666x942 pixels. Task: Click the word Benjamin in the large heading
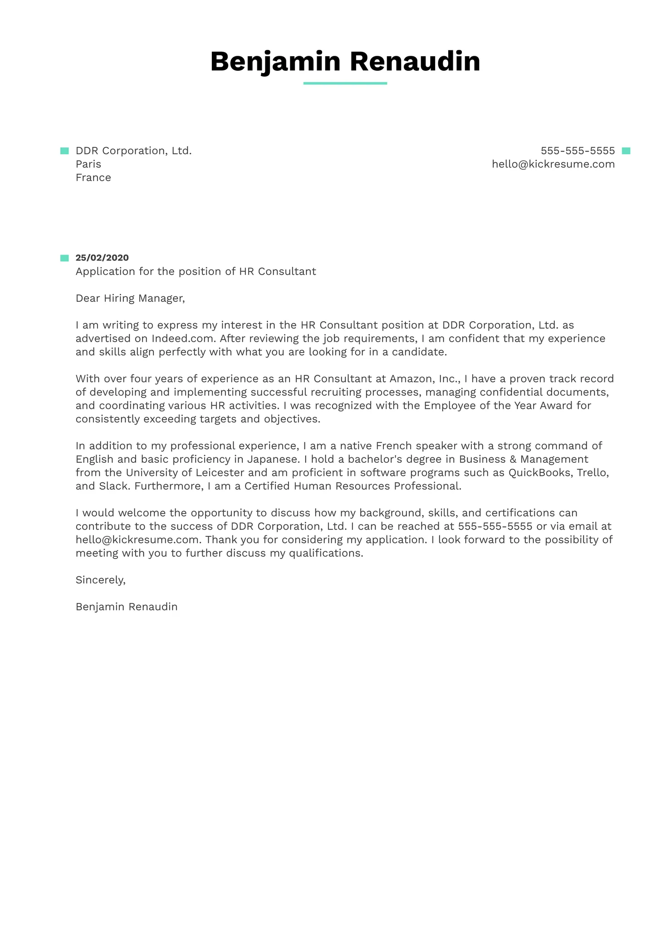(x=275, y=61)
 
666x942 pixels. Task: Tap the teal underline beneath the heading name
(x=345, y=83)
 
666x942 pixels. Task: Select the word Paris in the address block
(x=88, y=164)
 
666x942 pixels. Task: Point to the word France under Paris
(x=93, y=178)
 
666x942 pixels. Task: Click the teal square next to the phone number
(x=626, y=151)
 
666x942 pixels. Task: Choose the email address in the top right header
(x=553, y=164)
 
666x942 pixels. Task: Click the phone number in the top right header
(x=578, y=151)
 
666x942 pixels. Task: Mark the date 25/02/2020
(x=102, y=258)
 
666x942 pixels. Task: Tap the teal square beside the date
(x=64, y=258)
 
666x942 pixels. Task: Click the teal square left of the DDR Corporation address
(x=64, y=151)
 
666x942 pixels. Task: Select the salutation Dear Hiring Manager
(x=130, y=298)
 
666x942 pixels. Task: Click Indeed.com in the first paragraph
(x=182, y=339)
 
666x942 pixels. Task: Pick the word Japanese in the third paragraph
(x=272, y=459)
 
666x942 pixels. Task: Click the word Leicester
(x=220, y=473)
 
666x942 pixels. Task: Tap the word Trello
(x=592, y=473)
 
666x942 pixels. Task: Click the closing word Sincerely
(x=100, y=580)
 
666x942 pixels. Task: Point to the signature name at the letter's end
(x=127, y=607)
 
